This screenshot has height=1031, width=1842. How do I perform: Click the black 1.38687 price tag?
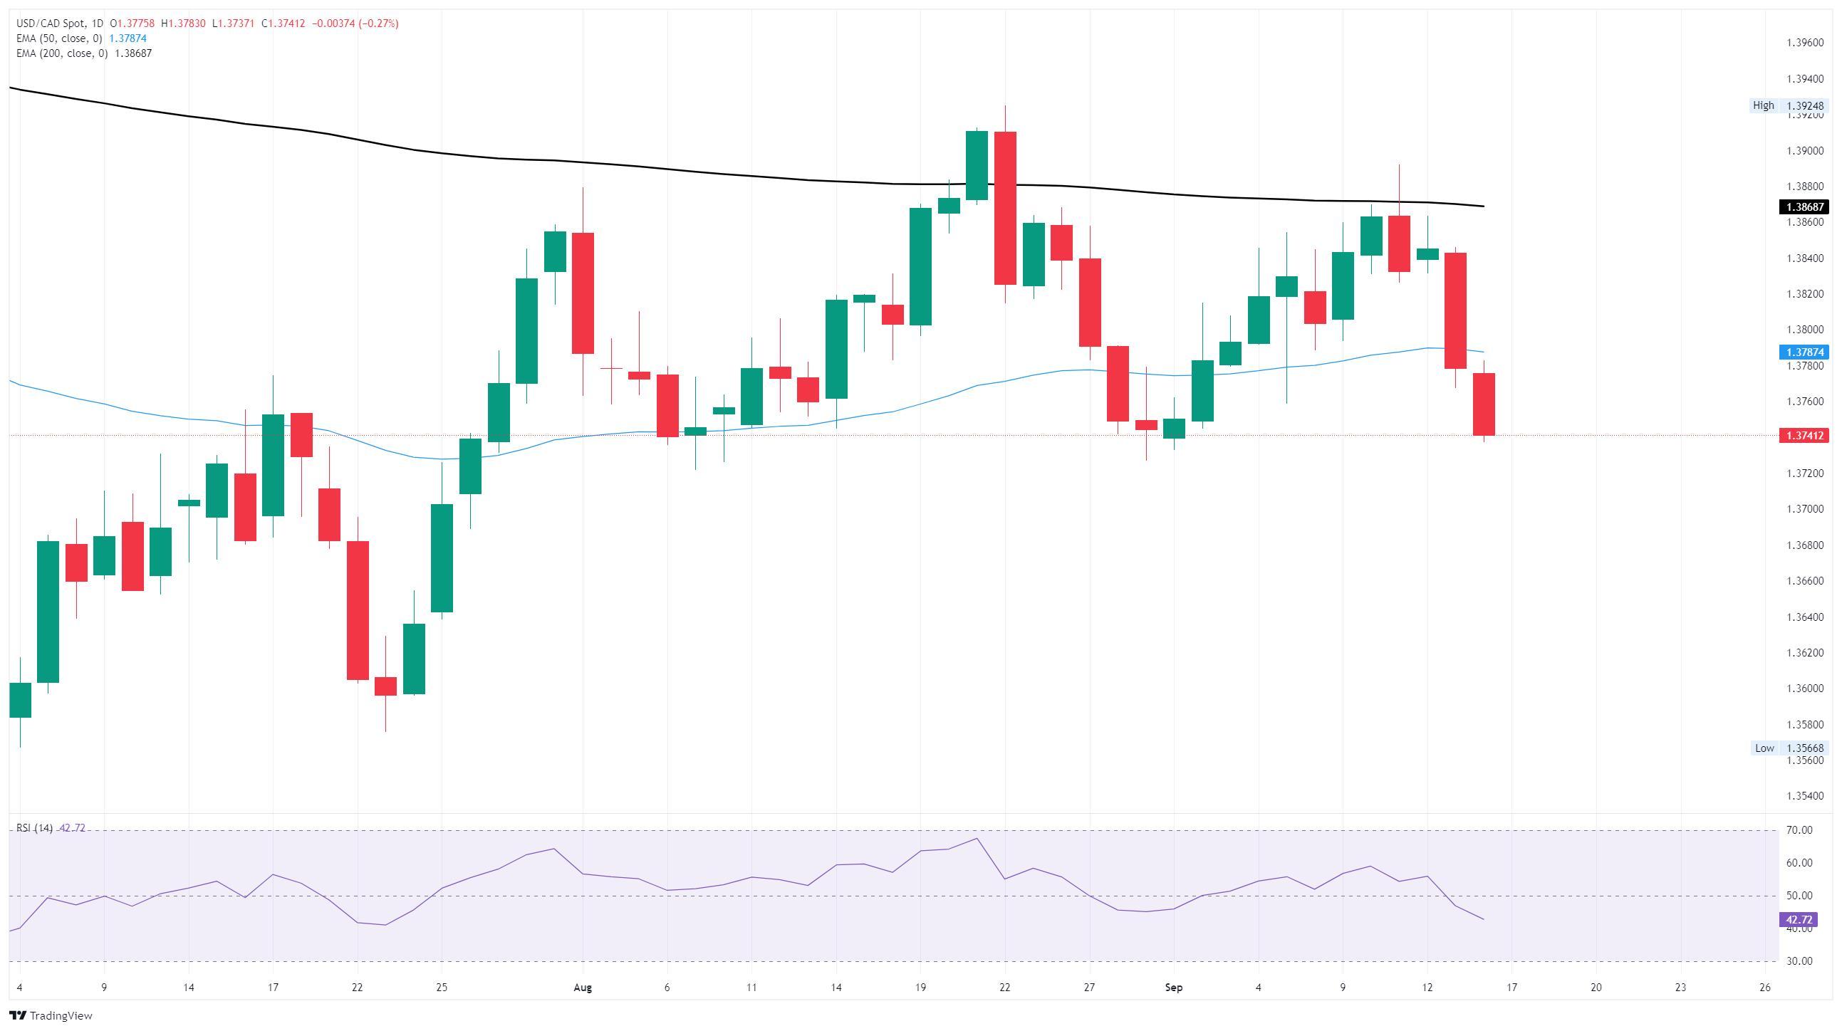click(1803, 206)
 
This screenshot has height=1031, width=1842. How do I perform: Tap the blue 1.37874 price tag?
click(1803, 352)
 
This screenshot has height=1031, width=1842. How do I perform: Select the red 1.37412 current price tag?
click(1803, 436)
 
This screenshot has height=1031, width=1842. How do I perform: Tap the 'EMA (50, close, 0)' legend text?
click(59, 38)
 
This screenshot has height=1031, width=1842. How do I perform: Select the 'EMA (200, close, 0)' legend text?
click(62, 53)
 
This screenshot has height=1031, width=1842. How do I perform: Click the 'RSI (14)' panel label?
click(34, 828)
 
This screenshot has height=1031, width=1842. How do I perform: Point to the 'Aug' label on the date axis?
click(583, 988)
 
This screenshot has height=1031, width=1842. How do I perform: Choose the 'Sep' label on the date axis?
click(1173, 988)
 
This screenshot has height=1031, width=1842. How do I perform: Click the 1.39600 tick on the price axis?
click(1805, 43)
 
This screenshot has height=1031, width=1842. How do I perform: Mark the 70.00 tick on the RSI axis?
click(1799, 830)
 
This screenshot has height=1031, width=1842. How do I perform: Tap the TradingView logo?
click(51, 1015)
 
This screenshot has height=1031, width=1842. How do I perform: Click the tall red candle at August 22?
click(1004, 207)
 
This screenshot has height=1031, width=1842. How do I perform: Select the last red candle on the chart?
click(1484, 404)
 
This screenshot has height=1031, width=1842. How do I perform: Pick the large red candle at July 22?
click(358, 610)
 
